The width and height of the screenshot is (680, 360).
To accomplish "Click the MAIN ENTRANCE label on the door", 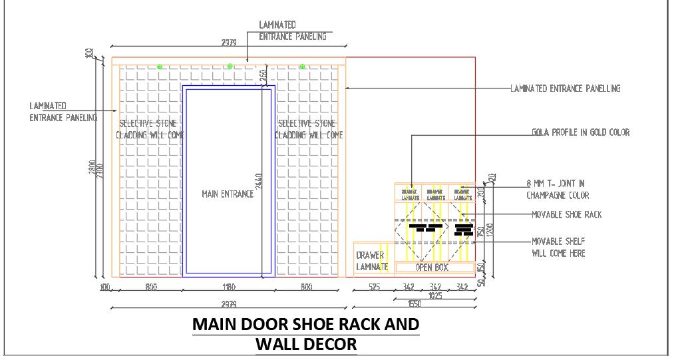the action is point(228,194).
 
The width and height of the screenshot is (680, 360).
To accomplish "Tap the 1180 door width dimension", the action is point(228,287).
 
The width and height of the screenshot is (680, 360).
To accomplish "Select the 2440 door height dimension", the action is point(259,181).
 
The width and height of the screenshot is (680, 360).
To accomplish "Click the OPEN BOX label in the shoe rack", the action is point(432,268).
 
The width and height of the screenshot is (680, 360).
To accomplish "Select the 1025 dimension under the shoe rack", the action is point(436,295).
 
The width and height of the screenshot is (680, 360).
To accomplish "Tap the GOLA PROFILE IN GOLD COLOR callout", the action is point(580,132).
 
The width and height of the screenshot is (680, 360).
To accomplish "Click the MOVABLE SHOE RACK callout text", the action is point(567,214).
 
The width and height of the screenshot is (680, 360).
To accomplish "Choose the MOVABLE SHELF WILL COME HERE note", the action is point(559,247).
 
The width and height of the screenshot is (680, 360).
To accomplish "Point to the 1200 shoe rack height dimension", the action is point(489,230).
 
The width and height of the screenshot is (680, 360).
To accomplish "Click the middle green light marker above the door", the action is point(230,66).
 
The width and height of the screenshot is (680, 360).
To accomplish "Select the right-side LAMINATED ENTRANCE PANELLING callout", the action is point(565,88).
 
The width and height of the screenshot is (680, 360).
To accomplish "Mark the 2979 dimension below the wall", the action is point(228,303).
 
